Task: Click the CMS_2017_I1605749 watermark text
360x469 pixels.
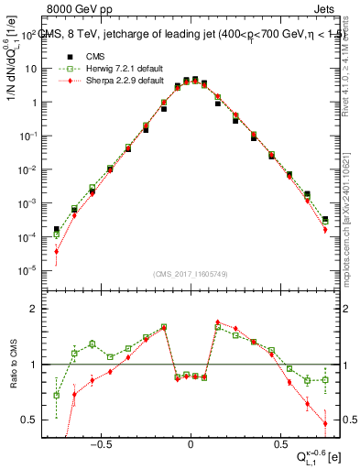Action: pos(191,275)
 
